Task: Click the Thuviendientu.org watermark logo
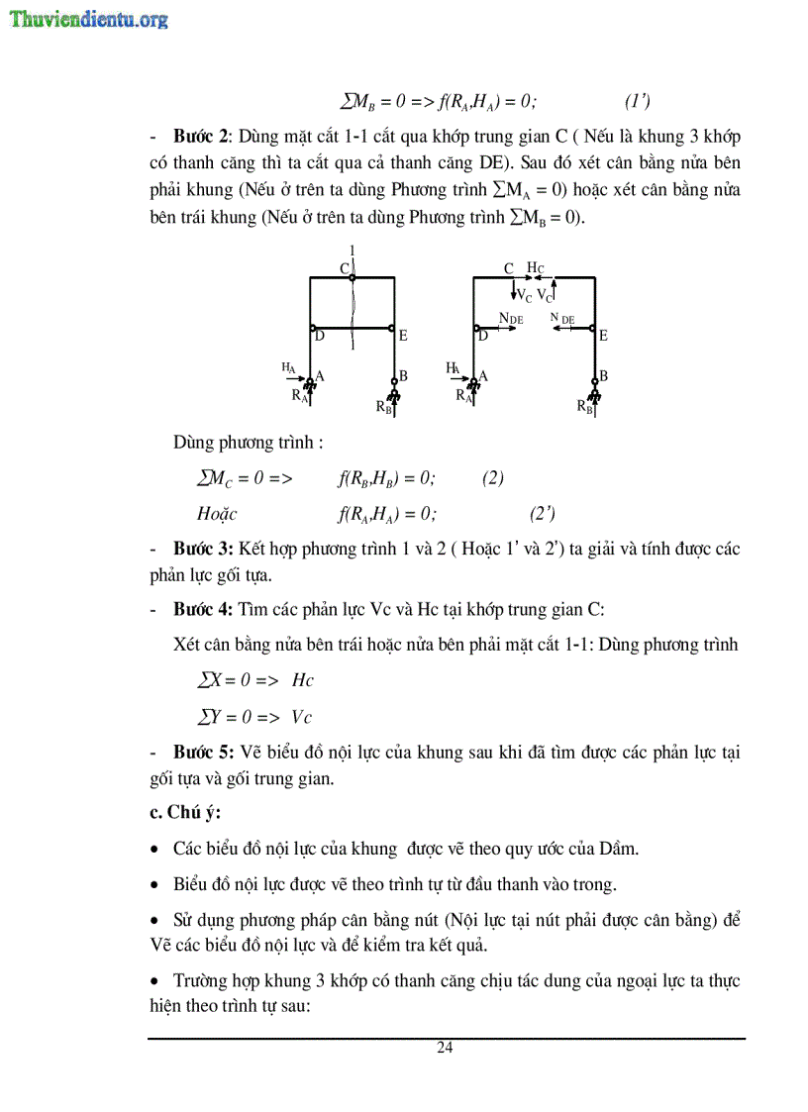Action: pyautogui.click(x=88, y=19)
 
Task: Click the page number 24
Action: pyautogui.click(x=445, y=1049)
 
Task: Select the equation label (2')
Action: pyautogui.click(x=542, y=513)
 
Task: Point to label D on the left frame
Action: pyautogui.click(x=320, y=337)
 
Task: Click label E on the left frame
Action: pyautogui.click(x=403, y=336)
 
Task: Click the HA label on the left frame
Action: pyautogui.click(x=289, y=366)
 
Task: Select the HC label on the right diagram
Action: pyautogui.click(x=535, y=268)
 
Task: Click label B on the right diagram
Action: pyautogui.click(x=603, y=376)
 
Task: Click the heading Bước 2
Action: pyautogui.click(x=202, y=136)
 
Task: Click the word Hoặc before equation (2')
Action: pyautogui.click(x=217, y=513)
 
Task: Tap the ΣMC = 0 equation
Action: pyautogui.click(x=245, y=478)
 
